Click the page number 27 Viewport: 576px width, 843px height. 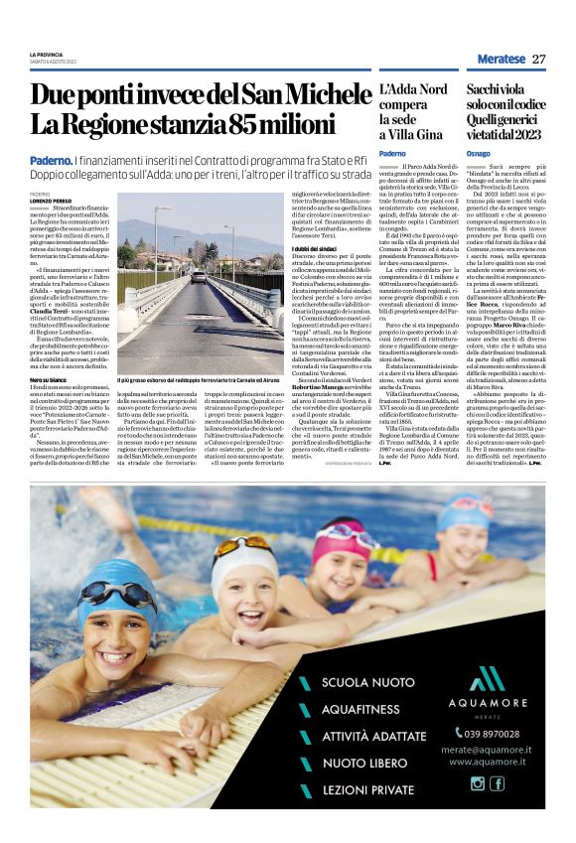click(x=539, y=59)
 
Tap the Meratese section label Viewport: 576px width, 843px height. click(x=502, y=59)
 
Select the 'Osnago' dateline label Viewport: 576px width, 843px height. click(x=479, y=153)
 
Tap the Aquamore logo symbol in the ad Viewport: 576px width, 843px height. click(x=486, y=680)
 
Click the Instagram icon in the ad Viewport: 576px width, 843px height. click(x=478, y=783)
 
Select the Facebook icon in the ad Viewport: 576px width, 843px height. click(x=498, y=783)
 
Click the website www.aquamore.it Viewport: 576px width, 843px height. click(x=490, y=762)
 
